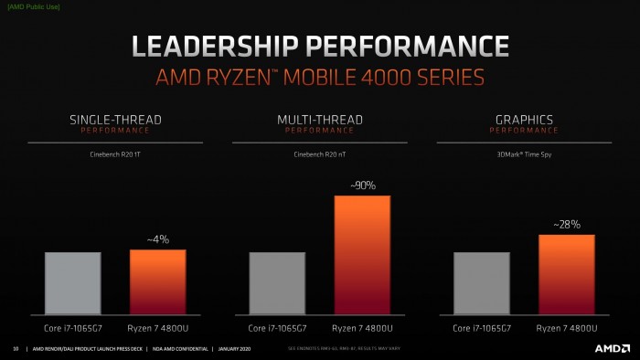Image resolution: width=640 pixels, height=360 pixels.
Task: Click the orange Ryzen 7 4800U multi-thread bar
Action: coord(362,256)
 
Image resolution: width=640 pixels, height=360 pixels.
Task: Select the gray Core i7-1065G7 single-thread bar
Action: coord(72,283)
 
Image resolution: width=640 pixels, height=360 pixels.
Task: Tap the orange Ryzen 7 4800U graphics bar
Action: coord(567,275)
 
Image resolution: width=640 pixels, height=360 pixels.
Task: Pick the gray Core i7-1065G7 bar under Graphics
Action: coord(482,283)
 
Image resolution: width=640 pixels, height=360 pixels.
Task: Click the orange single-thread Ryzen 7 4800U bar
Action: coord(157,282)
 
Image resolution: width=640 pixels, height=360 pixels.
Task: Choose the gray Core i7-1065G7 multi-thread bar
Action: coord(277,283)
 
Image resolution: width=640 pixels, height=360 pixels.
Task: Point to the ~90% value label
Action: coord(362,185)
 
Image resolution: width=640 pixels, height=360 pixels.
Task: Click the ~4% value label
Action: coord(157,239)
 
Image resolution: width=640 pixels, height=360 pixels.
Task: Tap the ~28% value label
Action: coord(567,224)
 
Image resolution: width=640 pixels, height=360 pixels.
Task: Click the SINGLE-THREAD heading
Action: coord(115,120)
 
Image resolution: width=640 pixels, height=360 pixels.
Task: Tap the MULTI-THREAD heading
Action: coord(320,120)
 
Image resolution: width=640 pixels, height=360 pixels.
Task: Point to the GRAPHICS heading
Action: coord(525,120)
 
